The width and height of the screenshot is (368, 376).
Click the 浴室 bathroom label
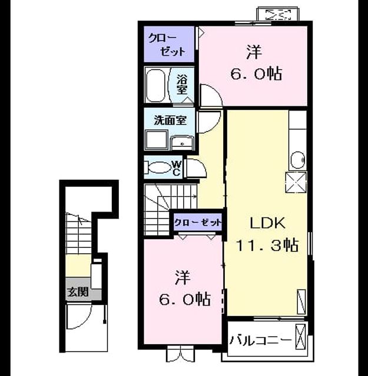pos(182,85)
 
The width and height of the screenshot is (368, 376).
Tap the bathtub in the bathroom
pos(155,85)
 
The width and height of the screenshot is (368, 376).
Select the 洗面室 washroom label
pos(170,120)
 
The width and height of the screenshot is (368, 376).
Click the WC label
pos(177,168)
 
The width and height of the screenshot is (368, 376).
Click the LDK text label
pos(268,223)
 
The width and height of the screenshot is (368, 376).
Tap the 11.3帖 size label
pos(267,246)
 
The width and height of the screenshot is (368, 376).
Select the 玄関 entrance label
pos(78,292)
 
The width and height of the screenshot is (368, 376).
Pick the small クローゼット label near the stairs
pos(198,223)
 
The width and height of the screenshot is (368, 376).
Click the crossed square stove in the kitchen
pos(296,182)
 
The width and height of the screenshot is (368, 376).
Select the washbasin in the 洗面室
pos(182,143)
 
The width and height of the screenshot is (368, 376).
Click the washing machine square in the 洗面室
pos(157,140)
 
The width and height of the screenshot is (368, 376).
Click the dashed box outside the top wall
pos(278,15)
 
